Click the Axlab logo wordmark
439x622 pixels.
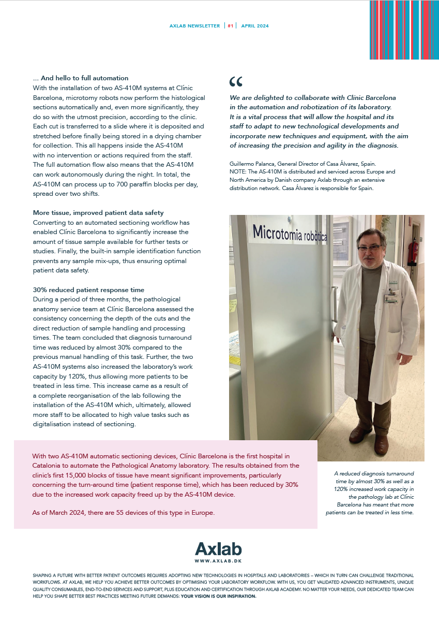coord(218,549)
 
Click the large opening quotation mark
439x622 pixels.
coord(235,81)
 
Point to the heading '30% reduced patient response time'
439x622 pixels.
coord(88,290)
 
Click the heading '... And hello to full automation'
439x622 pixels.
coord(80,78)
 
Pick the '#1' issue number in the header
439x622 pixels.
coord(231,26)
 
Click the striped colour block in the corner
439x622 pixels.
coord(400,30)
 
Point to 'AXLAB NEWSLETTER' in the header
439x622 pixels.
coord(194,26)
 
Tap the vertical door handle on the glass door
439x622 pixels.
coord(334,311)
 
